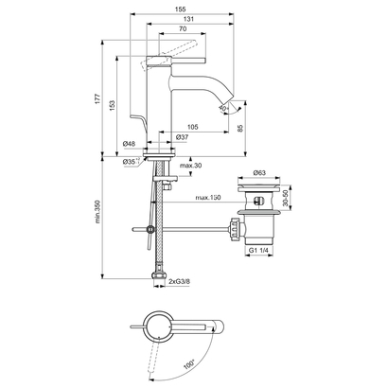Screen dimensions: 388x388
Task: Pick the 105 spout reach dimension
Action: pyautogui.click(x=191, y=127)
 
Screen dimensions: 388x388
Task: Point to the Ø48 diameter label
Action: pyautogui.click(x=130, y=144)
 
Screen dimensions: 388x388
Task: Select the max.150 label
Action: pyautogui.click(x=209, y=198)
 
